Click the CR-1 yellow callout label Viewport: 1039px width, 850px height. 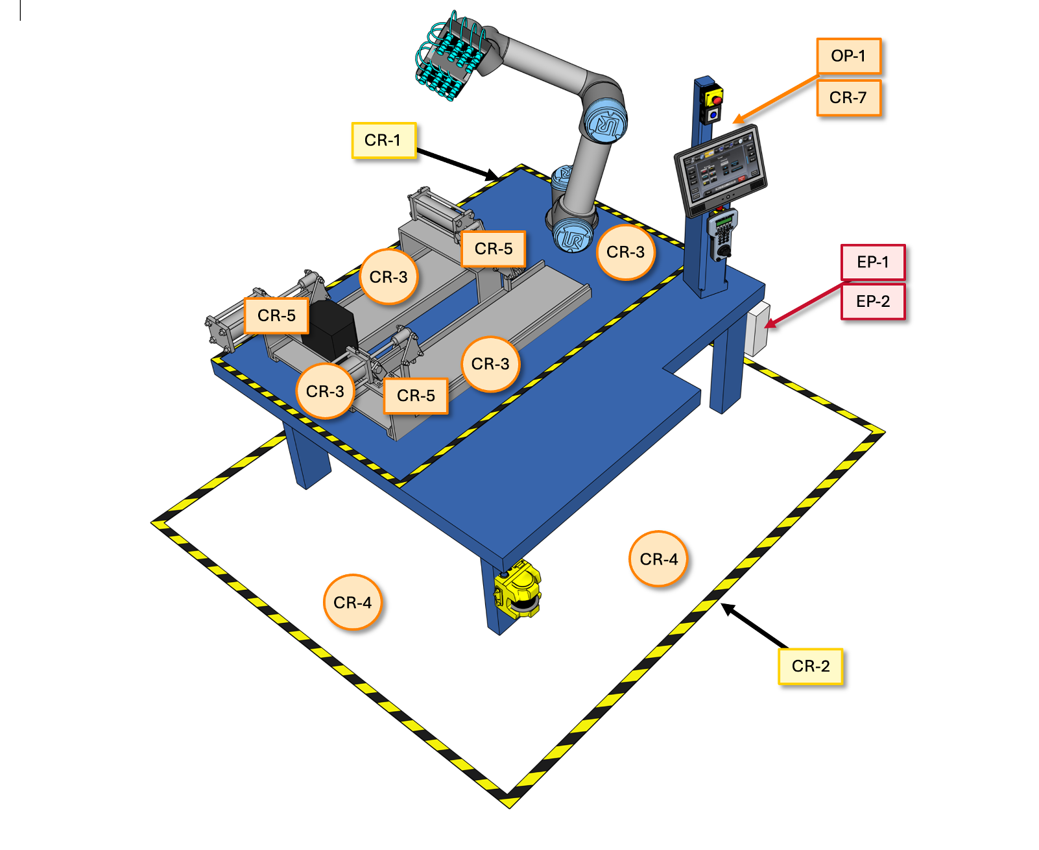pos(383,140)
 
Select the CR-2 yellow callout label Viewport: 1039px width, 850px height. pos(810,666)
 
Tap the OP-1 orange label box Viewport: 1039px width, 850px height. pos(848,56)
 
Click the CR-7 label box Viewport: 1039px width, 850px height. pos(848,98)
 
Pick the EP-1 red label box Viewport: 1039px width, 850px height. pos(872,262)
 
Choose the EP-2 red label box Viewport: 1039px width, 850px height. pos(872,302)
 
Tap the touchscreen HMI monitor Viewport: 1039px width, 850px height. pos(721,168)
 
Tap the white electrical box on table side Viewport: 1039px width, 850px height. pos(756,330)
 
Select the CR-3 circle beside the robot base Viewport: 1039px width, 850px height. pos(625,252)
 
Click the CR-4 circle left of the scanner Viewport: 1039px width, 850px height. pos(352,603)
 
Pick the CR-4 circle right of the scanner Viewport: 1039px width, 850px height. pos(658,559)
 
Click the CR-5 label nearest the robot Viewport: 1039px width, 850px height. pos(493,249)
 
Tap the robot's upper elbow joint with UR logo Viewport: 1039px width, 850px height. pos(604,120)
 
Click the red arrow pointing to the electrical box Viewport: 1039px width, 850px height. pos(804,304)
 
